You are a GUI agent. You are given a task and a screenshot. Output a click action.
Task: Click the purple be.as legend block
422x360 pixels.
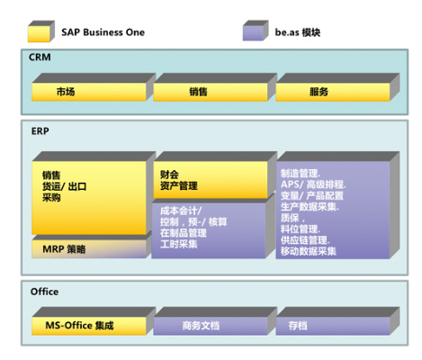click(x=256, y=32)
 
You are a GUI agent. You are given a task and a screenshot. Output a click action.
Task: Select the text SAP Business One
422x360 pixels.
click(x=103, y=32)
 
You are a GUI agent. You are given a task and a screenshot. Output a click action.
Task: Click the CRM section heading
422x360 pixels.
click(x=40, y=57)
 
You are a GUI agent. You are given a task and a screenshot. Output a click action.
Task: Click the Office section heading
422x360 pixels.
click(x=44, y=292)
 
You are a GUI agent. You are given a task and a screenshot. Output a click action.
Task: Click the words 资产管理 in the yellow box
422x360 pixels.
click(x=179, y=186)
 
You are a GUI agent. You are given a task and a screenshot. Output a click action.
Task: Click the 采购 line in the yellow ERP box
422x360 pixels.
click(x=51, y=197)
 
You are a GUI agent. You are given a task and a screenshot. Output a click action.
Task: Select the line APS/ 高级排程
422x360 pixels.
click(x=312, y=184)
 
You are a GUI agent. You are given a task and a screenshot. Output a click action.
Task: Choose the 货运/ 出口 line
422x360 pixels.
click(x=64, y=186)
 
